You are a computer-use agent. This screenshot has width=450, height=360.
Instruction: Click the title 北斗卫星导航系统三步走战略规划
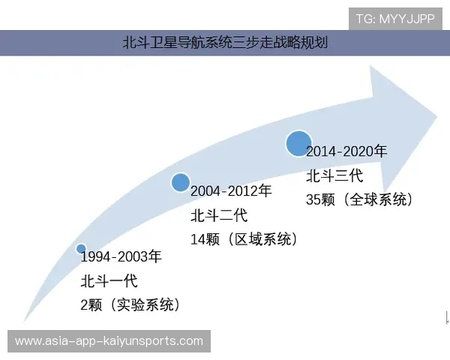(x=225, y=43)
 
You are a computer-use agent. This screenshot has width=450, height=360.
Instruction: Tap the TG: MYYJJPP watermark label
(x=394, y=18)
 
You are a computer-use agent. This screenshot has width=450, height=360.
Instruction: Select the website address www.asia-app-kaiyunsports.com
(x=109, y=340)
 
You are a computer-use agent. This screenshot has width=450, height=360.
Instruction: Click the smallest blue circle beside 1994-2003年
(x=81, y=249)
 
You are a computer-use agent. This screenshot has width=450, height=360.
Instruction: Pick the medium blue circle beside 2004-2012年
(x=180, y=182)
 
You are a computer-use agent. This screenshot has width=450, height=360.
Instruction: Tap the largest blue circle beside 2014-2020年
(x=298, y=142)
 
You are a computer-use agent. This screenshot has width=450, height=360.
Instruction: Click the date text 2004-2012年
(x=231, y=192)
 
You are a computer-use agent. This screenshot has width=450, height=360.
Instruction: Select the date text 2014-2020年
(x=346, y=152)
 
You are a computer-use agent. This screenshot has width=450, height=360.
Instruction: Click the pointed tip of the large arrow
(x=436, y=115)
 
